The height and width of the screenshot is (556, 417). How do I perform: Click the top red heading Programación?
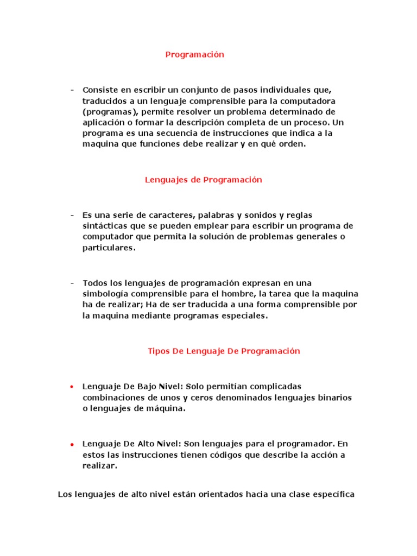point(194,54)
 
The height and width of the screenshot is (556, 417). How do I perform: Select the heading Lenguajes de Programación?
point(203,180)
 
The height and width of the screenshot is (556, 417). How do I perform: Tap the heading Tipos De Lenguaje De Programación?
point(224,351)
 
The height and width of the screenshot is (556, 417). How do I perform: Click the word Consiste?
point(100,90)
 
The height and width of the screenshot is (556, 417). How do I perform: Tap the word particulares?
point(109,248)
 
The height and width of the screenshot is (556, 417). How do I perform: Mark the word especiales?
point(244,315)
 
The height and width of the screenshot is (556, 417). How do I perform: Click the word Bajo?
point(138,386)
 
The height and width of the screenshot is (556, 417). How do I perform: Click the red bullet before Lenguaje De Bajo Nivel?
point(72,387)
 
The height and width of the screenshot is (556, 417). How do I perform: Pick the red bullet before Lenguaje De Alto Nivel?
point(72,444)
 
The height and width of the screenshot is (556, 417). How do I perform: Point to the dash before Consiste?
point(72,90)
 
